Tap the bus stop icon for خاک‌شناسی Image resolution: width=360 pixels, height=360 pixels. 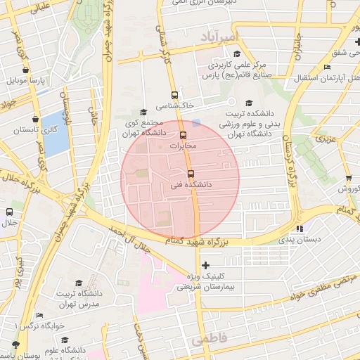coord(174,95)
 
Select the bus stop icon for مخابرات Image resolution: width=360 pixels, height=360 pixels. coord(184,134)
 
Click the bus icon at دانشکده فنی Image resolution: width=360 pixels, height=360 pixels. coord(191,174)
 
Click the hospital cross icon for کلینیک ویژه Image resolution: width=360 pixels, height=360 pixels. coord(205,265)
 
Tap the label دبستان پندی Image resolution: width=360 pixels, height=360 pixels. coord(300,238)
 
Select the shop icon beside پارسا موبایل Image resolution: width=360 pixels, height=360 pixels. coord(26,70)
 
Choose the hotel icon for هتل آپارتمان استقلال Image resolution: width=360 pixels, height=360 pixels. coord(327,67)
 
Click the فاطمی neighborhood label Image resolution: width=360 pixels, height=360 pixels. coord(209,339)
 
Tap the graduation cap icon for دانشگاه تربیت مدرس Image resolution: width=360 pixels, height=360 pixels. coord(78,283)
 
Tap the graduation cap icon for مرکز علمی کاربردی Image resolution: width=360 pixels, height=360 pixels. coord(237,54)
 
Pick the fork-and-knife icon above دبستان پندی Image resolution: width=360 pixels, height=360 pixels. coord(300,228)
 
